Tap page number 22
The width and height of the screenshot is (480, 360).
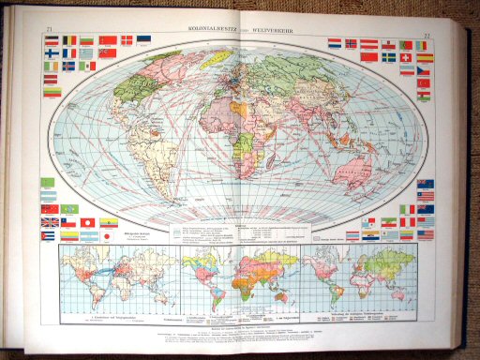(x=427, y=37)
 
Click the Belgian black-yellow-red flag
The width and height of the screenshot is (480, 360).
(x=68, y=41)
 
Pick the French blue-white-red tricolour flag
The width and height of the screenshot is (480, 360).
(x=68, y=53)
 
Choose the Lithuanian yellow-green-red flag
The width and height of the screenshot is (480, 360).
(x=52, y=92)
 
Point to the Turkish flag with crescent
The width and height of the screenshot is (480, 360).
(x=424, y=82)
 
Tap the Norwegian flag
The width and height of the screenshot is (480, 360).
(x=352, y=43)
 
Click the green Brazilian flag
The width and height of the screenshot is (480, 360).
(x=48, y=182)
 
